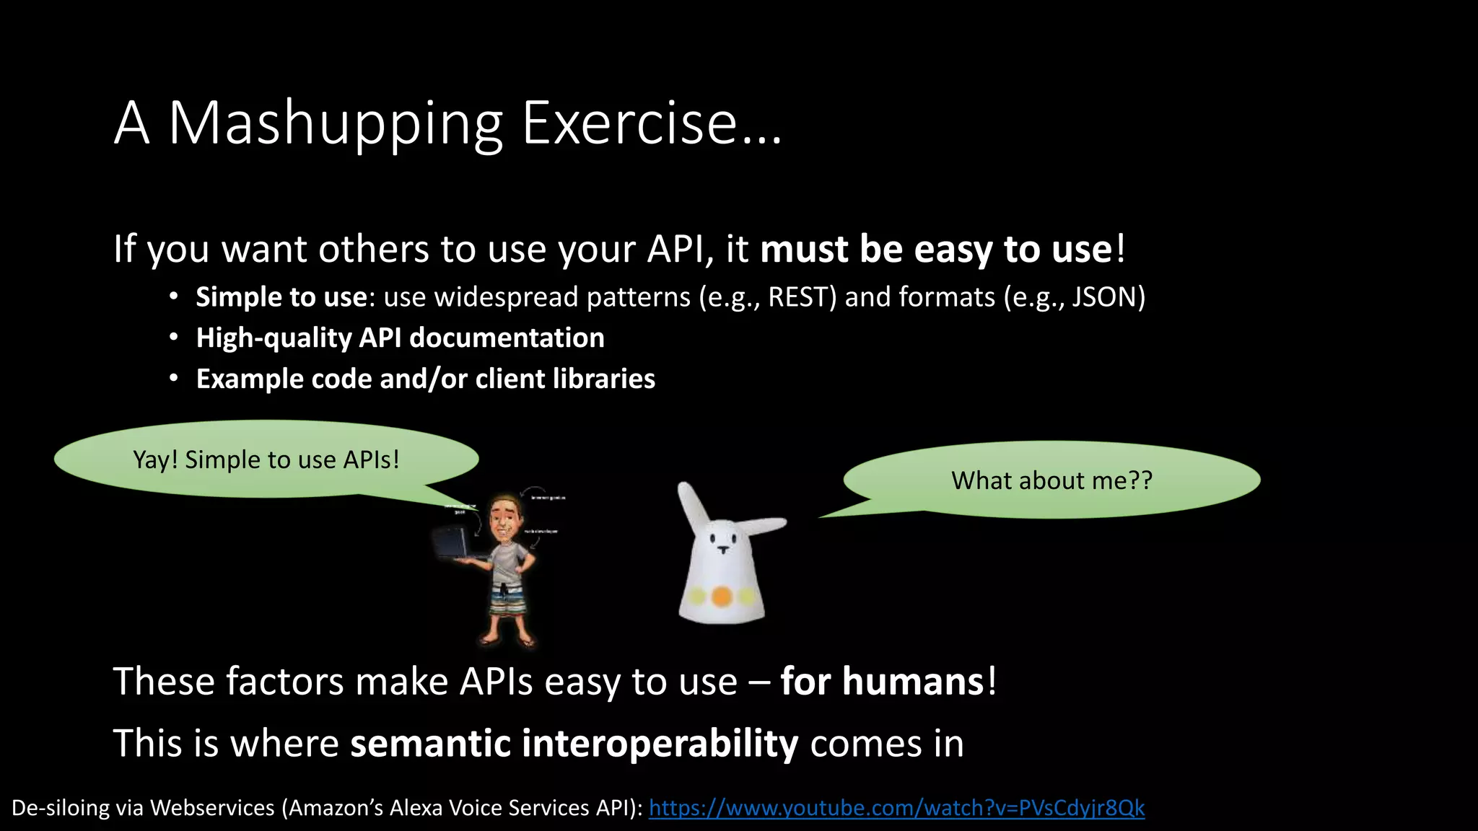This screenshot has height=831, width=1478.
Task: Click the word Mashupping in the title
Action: point(335,124)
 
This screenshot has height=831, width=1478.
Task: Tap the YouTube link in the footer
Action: point(896,808)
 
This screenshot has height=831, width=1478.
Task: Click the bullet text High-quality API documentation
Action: point(400,338)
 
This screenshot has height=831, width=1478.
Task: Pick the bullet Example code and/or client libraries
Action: point(425,379)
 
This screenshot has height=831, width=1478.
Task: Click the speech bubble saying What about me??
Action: point(1051,480)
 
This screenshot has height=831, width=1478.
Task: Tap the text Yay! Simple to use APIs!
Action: point(266,460)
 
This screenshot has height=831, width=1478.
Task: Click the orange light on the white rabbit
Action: point(721,597)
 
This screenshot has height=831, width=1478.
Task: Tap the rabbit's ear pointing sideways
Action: point(765,526)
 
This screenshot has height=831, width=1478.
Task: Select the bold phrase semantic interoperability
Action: point(574,744)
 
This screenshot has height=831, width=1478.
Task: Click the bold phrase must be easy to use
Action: point(935,250)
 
